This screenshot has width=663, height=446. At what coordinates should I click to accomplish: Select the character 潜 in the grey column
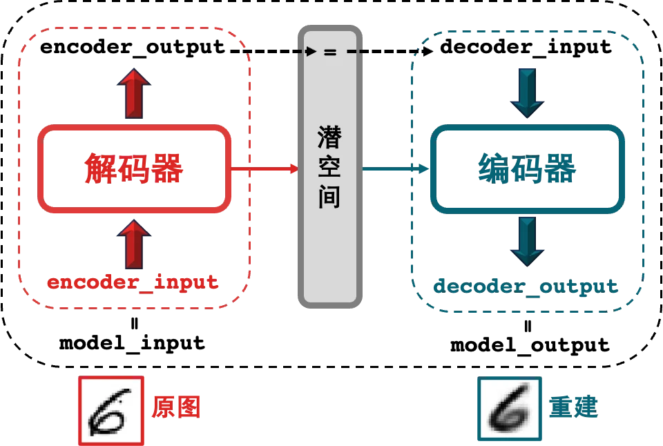(x=330, y=135)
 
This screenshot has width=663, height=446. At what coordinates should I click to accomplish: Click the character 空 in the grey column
(x=330, y=166)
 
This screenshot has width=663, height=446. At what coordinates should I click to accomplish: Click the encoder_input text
(x=133, y=282)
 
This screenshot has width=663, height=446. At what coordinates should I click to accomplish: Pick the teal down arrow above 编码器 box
(x=526, y=93)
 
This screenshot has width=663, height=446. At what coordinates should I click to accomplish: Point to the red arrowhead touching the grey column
(x=293, y=168)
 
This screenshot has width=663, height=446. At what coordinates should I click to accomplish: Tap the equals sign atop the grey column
(x=330, y=52)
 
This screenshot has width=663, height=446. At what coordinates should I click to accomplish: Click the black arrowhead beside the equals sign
(x=311, y=52)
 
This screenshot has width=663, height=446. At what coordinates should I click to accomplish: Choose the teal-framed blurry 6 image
(x=509, y=409)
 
